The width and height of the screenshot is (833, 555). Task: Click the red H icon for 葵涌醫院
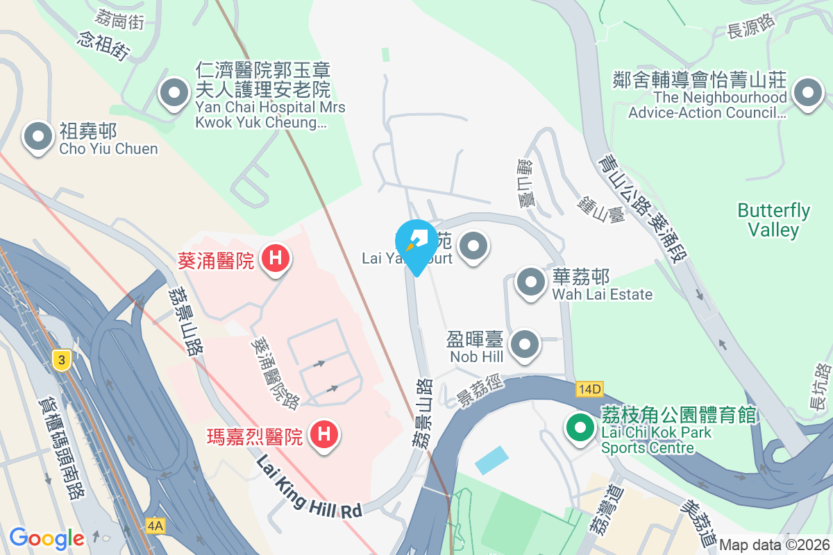[x=275, y=259]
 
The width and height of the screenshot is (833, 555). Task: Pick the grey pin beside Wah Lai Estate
[x=531, y=283]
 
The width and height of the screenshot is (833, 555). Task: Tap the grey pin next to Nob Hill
[x=525, y=344]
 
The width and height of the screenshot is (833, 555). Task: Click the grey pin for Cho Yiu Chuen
[x=38, y=137]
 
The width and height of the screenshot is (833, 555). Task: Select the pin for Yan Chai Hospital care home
[x=174, y=93]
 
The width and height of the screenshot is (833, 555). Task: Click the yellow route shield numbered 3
[x=62, y=359]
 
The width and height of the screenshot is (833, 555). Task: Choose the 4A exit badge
[x=155, y=526]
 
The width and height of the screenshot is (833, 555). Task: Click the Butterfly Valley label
[x=773, y=220]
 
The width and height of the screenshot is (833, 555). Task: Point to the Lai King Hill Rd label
[x=310, y=486]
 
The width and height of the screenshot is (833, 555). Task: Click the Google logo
[x=47, y=538]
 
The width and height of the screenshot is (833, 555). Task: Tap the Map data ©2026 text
[x=774, y=545]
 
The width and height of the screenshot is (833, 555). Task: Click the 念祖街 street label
[x=104, y=44]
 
